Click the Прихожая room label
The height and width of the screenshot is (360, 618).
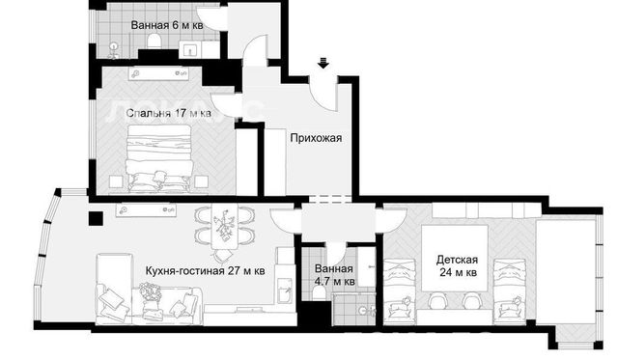point(316,138)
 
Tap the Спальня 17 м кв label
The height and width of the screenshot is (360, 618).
point(168,114)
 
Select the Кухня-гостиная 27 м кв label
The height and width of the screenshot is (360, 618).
point(205,271)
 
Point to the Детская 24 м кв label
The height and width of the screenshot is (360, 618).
point(457,265)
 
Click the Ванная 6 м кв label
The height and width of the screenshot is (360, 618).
point(167,26)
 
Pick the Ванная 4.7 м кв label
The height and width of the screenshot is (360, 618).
point(334,275)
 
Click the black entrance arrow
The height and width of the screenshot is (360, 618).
point(323,63)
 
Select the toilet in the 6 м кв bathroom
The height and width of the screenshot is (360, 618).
point(154,41)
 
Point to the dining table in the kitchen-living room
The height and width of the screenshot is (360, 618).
point(224,227)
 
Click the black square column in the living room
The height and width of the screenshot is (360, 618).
point(96,218)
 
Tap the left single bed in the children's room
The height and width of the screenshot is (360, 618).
point(400,291)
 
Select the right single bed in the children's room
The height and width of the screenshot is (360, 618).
point(510,291)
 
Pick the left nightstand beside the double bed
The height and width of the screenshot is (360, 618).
point(116,181)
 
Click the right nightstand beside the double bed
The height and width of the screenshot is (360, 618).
point(201,181)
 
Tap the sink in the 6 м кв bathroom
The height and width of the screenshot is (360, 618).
point(190,49)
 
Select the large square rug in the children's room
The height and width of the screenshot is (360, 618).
point(455,258)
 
